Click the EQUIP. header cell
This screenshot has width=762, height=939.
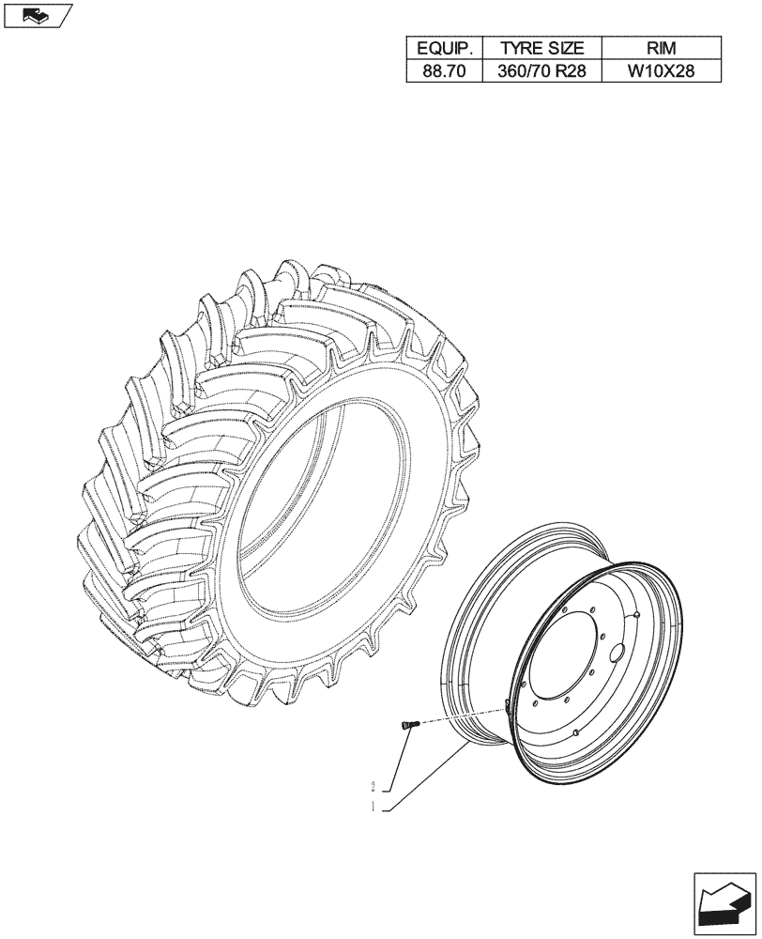[x=444, y=48]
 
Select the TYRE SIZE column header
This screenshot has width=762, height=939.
[x=541, y=48]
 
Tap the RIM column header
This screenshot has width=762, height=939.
[x=661, y=48]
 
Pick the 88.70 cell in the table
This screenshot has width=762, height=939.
[x=444, y=71]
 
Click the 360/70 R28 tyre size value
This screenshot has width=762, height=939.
[x=541, y=71]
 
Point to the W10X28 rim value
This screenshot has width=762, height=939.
[x=661, y=71]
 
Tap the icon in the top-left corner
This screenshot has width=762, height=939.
[x=36, y=14]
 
